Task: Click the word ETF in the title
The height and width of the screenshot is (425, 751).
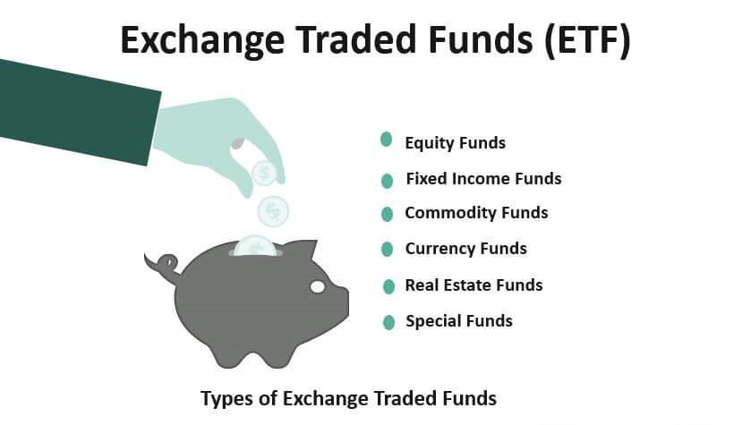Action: click(x=587, y=39)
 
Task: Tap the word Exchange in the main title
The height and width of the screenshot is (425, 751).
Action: click(x=202, y=41)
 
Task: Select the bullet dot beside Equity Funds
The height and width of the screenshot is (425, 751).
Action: click(x=386, y=140)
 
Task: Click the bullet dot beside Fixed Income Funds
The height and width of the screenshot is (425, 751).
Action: click(x=387, y=181)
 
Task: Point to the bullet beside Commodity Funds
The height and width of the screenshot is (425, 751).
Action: click(x=387, y=214)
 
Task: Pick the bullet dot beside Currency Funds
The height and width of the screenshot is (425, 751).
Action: click(x=387, y=250)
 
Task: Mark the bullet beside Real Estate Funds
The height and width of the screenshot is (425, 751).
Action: click(x=388, y=286)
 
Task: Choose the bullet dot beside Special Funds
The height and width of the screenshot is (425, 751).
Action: click(x=388, y=323)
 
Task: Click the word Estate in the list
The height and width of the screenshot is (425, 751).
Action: click(x=467, y=285)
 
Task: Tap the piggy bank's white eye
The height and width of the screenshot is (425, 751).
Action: click(x=318, y=286)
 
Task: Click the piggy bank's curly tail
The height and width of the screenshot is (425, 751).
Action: click(x=163, y=264)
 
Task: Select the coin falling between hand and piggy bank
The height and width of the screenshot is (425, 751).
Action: click(x=273, y=211)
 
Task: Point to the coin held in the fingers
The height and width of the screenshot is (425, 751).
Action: click(x=264, y=173)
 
